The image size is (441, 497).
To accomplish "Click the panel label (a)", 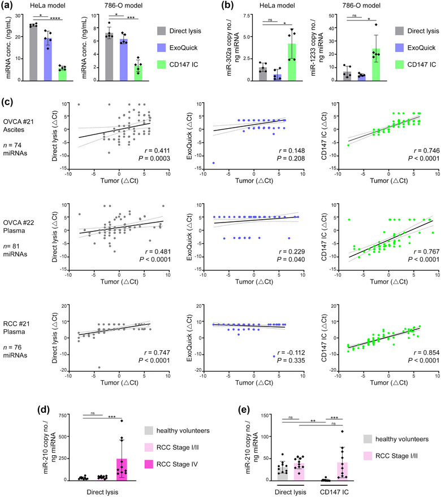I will click(x=8, y=7).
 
